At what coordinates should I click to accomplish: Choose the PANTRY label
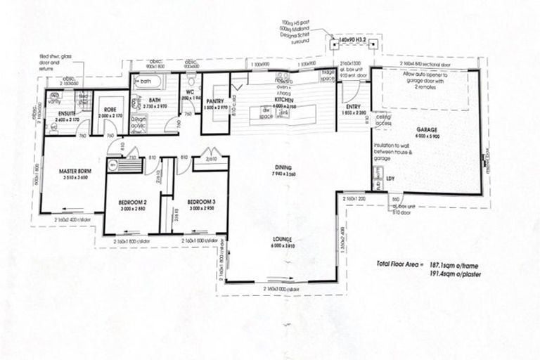pos(215,103)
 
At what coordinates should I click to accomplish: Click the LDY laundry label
pos(391,178)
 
